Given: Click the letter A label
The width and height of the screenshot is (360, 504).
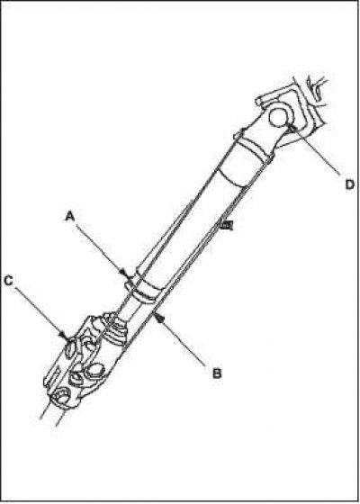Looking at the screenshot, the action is click(x=70, y=217).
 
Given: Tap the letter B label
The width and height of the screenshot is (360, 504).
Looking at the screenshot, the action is click(x=217, y=373).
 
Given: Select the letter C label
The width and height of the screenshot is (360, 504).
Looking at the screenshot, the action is click(x=8, y=281).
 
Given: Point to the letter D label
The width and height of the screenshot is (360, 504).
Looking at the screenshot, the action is click(x=350, y=184).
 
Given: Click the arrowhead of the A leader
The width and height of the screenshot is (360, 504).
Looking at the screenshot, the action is click(x=127, y=274).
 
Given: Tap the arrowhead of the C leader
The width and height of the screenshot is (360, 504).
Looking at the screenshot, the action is click(x=64, y=335).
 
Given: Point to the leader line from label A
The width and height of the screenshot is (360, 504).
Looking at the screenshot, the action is click(x=100, y=248).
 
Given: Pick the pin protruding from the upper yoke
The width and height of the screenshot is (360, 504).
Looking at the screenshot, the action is click(x=262, y=100).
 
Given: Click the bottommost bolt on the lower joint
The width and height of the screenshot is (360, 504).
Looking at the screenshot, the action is click(x=61, y=395).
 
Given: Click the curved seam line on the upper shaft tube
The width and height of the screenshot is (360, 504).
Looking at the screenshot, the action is click(x=232, y=178).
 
